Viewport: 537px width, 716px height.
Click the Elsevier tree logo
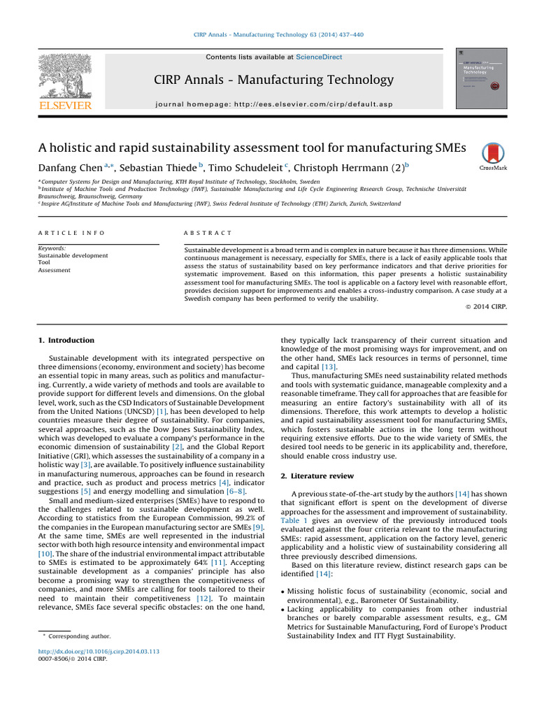64,78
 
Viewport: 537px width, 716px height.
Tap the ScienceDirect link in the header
318,57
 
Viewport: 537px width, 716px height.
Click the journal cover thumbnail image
481,78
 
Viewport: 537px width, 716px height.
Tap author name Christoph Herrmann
343,168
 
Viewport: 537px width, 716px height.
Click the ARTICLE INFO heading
71,233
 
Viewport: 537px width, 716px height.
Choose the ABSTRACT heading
208,233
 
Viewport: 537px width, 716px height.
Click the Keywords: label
52,248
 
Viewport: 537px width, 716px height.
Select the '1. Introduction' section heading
66,341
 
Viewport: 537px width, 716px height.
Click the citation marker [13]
329,366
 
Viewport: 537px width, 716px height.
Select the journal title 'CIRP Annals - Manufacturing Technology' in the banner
273,80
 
